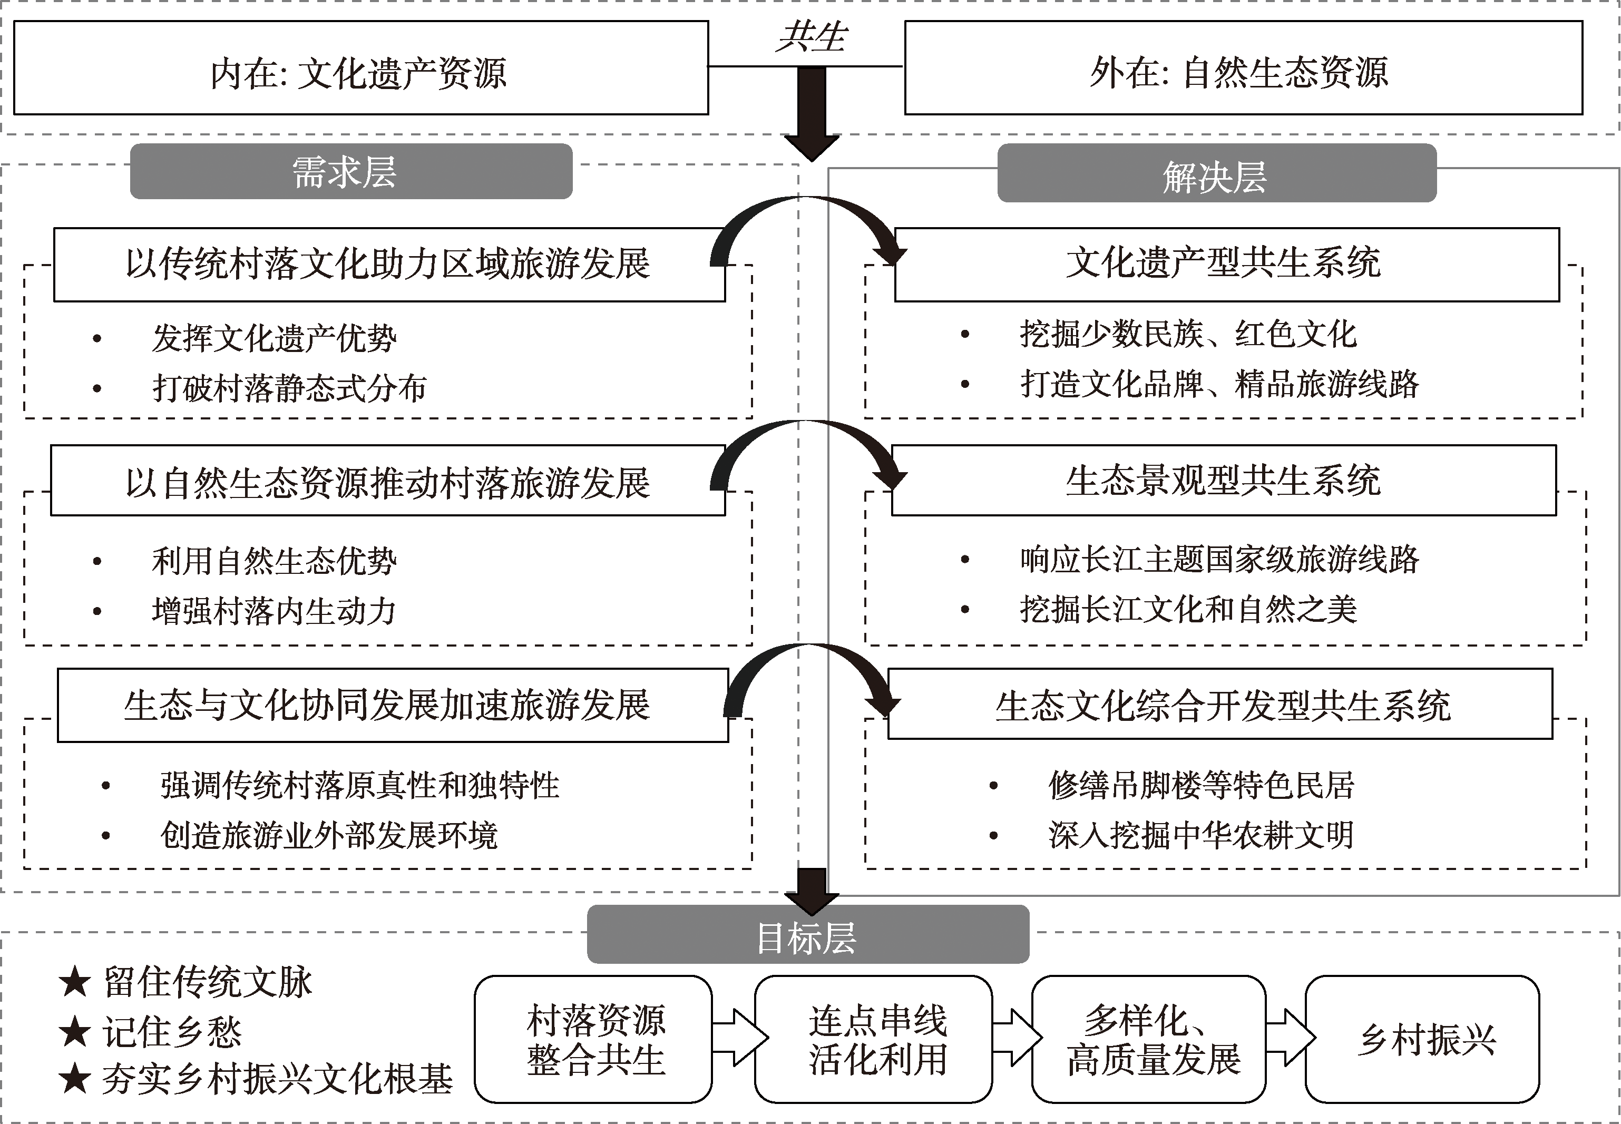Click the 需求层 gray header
(350, 172)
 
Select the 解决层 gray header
(1216, 174)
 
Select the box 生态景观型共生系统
(1223, 480)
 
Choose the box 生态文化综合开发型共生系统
(1219, 704)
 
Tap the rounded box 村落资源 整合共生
(593, 1039)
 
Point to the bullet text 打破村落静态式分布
(289, 388)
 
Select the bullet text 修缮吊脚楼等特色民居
(1200, 785)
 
